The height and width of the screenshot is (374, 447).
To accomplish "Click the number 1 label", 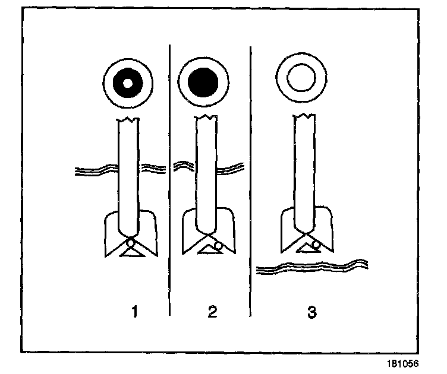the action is point(136,311).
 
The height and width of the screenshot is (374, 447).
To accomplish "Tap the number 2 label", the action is point(212,311).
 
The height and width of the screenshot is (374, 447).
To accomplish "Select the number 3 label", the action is point(311,311).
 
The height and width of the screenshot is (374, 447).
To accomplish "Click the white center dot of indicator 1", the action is point(127,82).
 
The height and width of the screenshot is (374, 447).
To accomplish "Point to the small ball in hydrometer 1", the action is point(130,242).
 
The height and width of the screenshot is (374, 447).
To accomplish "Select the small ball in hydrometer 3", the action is point(317,244).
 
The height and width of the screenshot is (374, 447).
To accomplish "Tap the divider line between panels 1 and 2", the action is point(171,178).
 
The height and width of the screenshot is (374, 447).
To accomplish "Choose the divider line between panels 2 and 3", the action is point(250,178).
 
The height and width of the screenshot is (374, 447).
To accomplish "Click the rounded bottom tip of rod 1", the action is point(128,233).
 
